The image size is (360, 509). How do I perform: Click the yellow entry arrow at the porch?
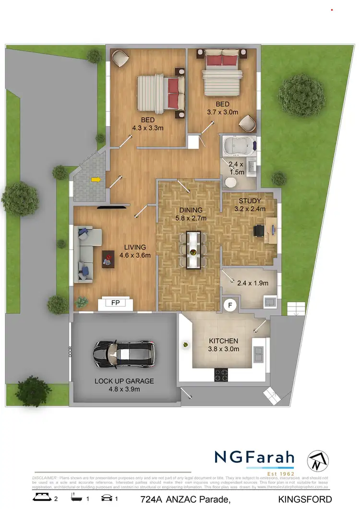(x=96, y=180)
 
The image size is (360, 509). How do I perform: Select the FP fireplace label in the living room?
(x=115, y=303)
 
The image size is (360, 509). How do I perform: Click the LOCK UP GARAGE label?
(x=124, y=381)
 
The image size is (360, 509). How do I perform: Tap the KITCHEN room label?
(x=223, y=341)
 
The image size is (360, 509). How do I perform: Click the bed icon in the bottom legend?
(x=41, y=498)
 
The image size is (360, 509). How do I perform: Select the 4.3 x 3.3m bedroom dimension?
(x=148, y=128)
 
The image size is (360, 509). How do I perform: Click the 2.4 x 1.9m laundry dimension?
(x=252, y=283)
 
